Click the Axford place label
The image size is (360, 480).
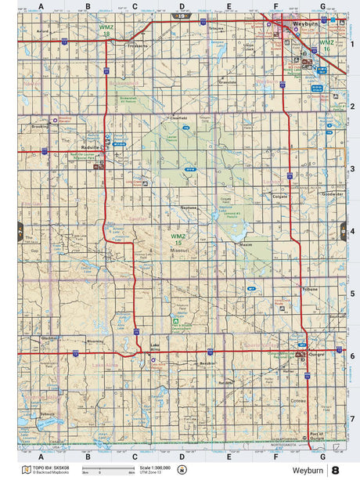(x=42, y=32)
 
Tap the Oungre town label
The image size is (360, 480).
(x=315, y=353)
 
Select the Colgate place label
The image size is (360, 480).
(x=280, y=197)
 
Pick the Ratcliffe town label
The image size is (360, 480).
(x=226, y=382)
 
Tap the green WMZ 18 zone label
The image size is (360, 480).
(x=106, y=31)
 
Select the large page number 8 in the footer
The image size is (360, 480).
(x=335, y=470)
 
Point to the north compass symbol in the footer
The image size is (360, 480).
(x=182, y=470)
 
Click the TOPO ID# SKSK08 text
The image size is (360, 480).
(x=51, y=467)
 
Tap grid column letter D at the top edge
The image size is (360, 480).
(x=182, y=6)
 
